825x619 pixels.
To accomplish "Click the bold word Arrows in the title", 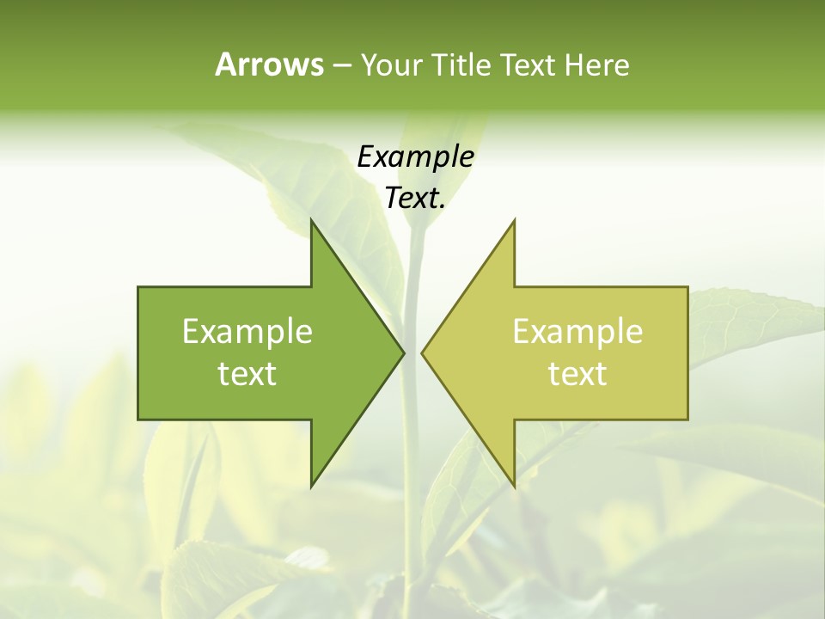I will [x=269, y=64].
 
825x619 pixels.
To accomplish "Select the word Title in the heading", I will [x=462, y=64].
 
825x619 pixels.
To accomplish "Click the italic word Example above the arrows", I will [x=415, y=157].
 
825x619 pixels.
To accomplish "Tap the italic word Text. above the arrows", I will [x=415, y=199].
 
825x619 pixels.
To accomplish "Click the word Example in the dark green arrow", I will [x=247, y=331].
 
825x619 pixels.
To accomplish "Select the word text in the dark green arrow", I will [x=247, y=373].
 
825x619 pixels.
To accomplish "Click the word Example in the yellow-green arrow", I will [x=577, y=331].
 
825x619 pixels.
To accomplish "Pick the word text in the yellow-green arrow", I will [x=577, y=373].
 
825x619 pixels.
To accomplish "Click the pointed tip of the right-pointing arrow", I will [x=403, y=352].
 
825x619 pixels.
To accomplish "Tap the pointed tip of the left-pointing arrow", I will [x=422, y=352].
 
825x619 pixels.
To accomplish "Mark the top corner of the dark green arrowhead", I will [x=312, y=221].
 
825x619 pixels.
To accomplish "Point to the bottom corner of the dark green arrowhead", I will [x=312, y=487].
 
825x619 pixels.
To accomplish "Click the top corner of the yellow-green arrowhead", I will [x=514, y=221].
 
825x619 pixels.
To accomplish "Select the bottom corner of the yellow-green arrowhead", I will [x=514, y=487].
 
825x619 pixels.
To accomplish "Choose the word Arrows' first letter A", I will [x=226, y=64].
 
